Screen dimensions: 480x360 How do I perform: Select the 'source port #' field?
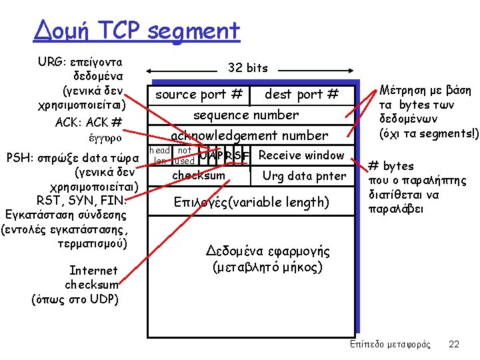click(199, 95)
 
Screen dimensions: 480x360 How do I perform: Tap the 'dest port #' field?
click(302, 95)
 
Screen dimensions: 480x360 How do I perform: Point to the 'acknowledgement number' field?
click(249, 135)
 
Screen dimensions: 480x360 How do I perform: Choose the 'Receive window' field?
click(301, 155)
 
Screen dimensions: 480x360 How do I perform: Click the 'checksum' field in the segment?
click(199, 175)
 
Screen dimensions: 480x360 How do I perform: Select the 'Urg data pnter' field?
click(304, 176)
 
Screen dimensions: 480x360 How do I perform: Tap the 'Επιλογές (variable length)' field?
click(251, 202)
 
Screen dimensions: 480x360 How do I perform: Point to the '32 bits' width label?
click(247, 67)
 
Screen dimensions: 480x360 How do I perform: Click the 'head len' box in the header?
click(160, 156)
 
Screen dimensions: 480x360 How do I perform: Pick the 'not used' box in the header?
click(184, 156)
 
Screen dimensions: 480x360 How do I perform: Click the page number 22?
click(454, 344)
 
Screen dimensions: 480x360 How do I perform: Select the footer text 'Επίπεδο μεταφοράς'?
click(390, 344)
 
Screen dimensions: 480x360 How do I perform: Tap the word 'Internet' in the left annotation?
click(93, 270)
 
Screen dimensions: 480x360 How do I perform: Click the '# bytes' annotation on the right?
click(391, 166)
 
